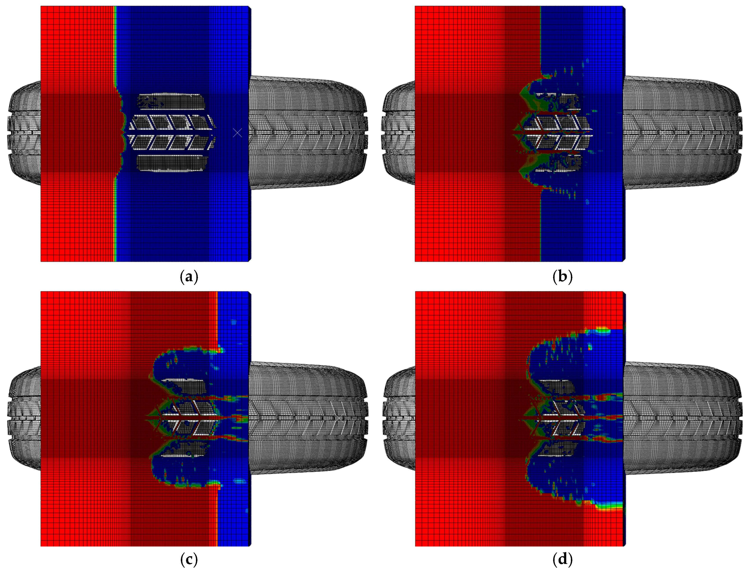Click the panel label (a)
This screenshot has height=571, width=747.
pos(189,276)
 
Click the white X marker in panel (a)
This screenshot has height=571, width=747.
pos(237,132)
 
